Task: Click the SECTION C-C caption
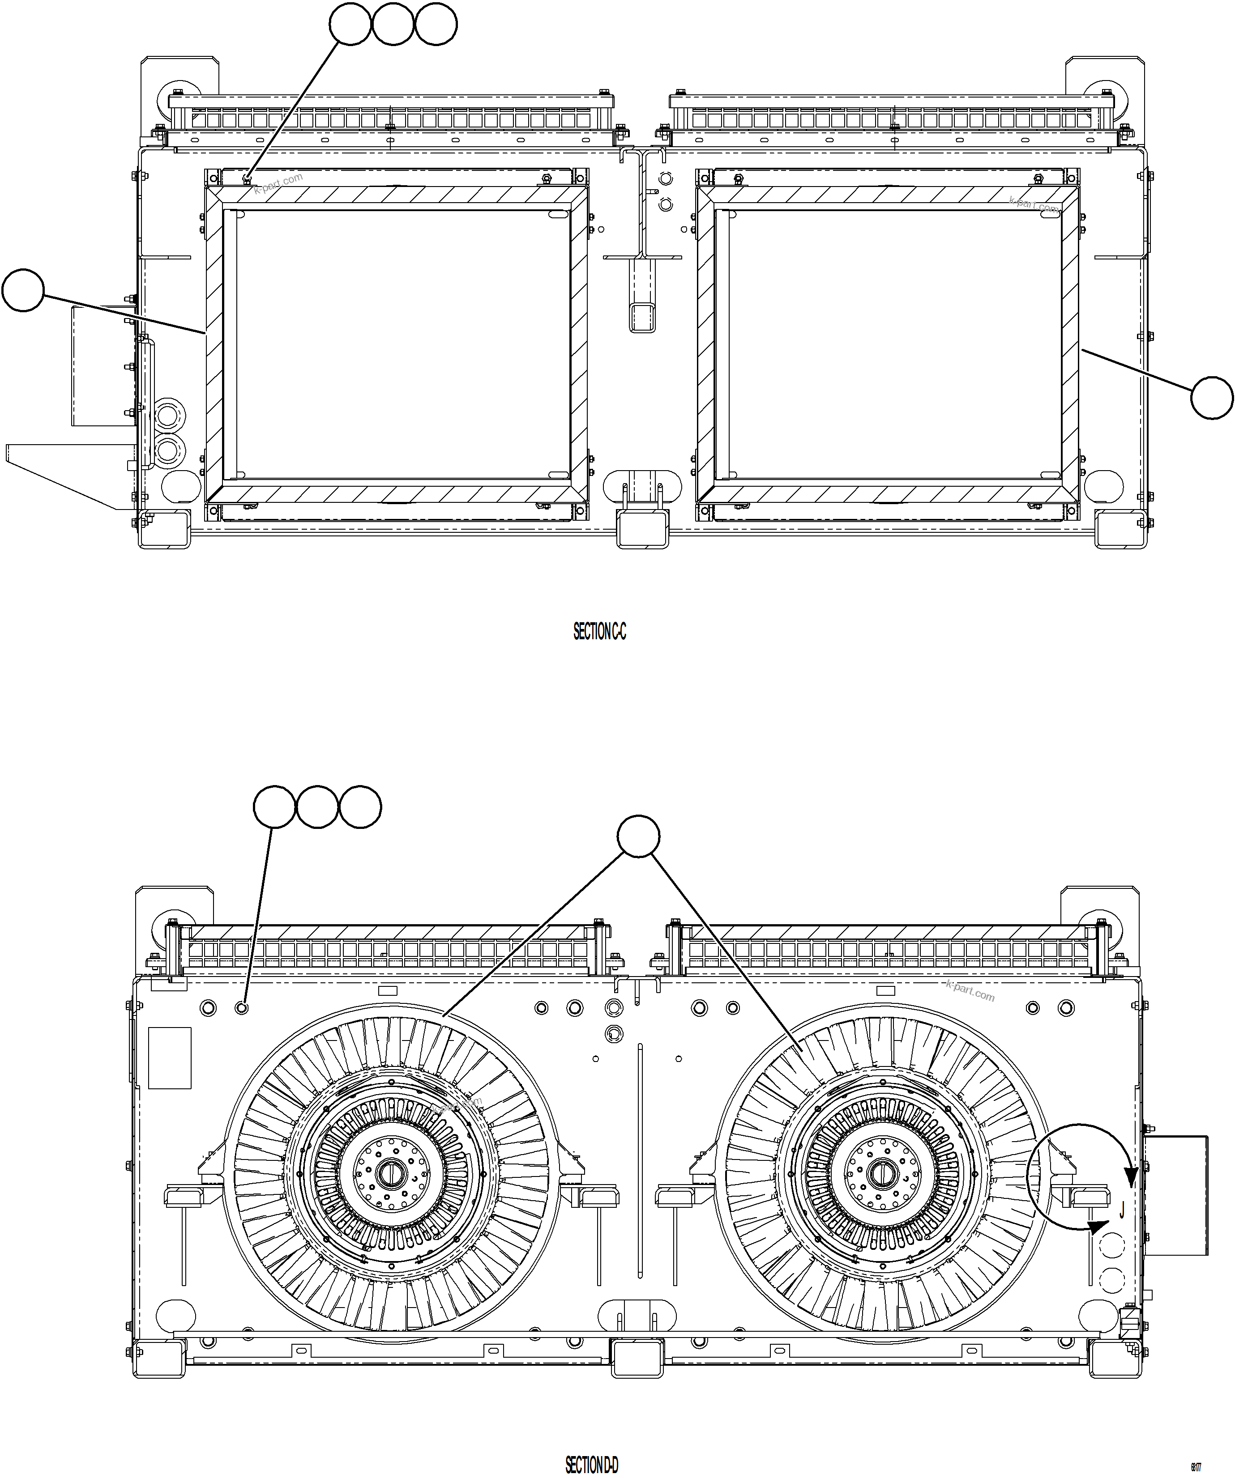tap(599, 632)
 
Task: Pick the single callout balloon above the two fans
tap(638, 836)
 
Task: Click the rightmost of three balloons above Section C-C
tap(436, 24)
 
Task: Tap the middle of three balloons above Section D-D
tap(317, 807)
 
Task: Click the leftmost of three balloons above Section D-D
tap(274, 807)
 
